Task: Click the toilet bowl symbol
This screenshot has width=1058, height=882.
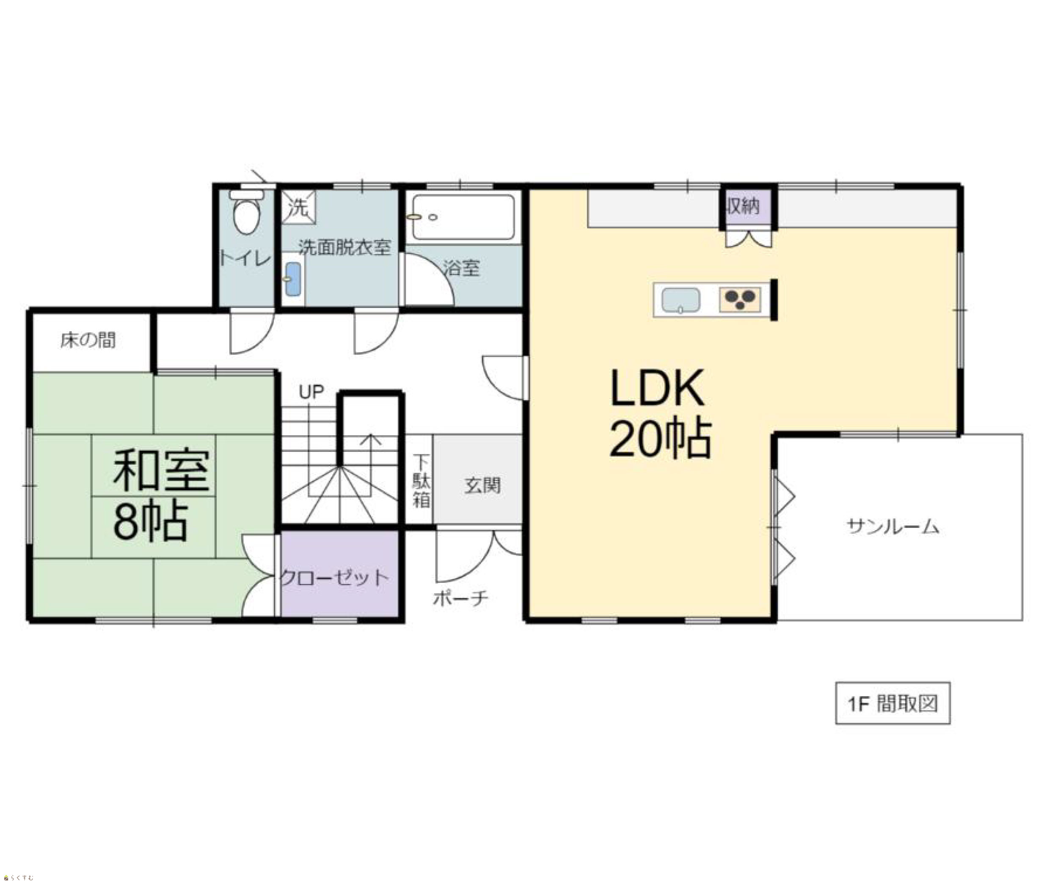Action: click(246, 213)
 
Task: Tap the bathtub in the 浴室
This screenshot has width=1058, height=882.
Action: click(463, 217)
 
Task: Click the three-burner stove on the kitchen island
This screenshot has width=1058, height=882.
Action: click(740, 299)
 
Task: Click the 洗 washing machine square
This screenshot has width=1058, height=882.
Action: click(298, 206)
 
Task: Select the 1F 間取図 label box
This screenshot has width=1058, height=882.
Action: click(893, 703)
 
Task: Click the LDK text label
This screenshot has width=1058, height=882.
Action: click(658, 388)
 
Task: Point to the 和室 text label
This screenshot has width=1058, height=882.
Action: click(161, 471)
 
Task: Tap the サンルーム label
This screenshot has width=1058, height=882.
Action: click(893, 527)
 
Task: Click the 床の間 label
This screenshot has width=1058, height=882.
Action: click(88, 340)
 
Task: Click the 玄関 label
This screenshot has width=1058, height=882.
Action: click(482, 485)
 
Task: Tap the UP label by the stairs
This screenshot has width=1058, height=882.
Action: click(311, 392)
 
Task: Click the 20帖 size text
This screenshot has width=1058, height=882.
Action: click(661, 438)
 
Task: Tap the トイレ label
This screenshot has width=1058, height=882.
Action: click(245, 259)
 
